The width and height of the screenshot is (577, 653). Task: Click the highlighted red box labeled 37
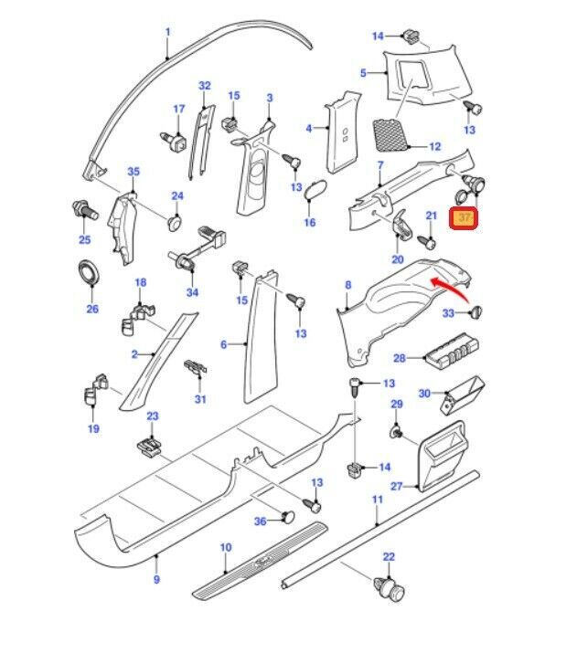465,218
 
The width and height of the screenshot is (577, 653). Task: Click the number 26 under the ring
92,309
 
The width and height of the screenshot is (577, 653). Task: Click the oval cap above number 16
315,189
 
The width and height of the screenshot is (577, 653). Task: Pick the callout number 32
205,85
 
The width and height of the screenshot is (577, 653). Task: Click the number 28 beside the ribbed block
400,358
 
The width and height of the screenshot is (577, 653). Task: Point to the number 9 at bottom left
156,579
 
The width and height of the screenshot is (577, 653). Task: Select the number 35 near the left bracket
134,172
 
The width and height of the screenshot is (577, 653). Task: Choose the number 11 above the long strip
377,500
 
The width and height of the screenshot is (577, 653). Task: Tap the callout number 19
92,428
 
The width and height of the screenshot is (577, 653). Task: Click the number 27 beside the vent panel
396,487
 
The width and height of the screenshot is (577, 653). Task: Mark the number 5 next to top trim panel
363,73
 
